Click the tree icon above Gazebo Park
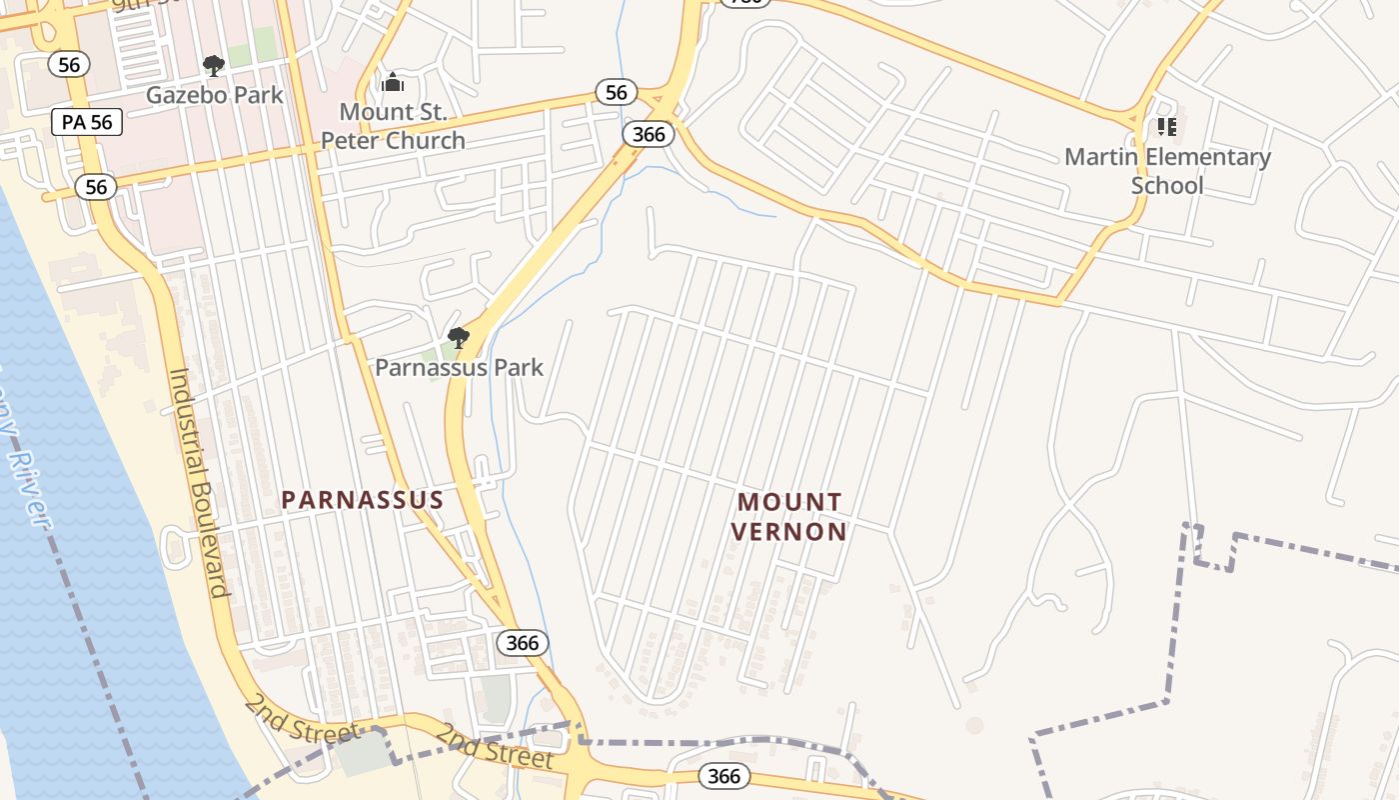pos(213,66)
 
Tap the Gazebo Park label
pos(215,95)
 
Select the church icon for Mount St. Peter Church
pos(393,82)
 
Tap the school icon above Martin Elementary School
pos(1166,127)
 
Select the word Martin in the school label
pos(1100,157)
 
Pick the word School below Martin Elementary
pos(1167,185)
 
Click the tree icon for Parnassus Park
pos(459,338)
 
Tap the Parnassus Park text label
pos(459,367)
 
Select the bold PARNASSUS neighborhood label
pos(362,500)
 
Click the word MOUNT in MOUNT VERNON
pos(789,501)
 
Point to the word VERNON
pos(789,531)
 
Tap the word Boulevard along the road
pos(209,546)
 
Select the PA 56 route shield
pos(87,122)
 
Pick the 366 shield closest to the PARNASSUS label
pos(522,643)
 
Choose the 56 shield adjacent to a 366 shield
pos(617,93)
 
